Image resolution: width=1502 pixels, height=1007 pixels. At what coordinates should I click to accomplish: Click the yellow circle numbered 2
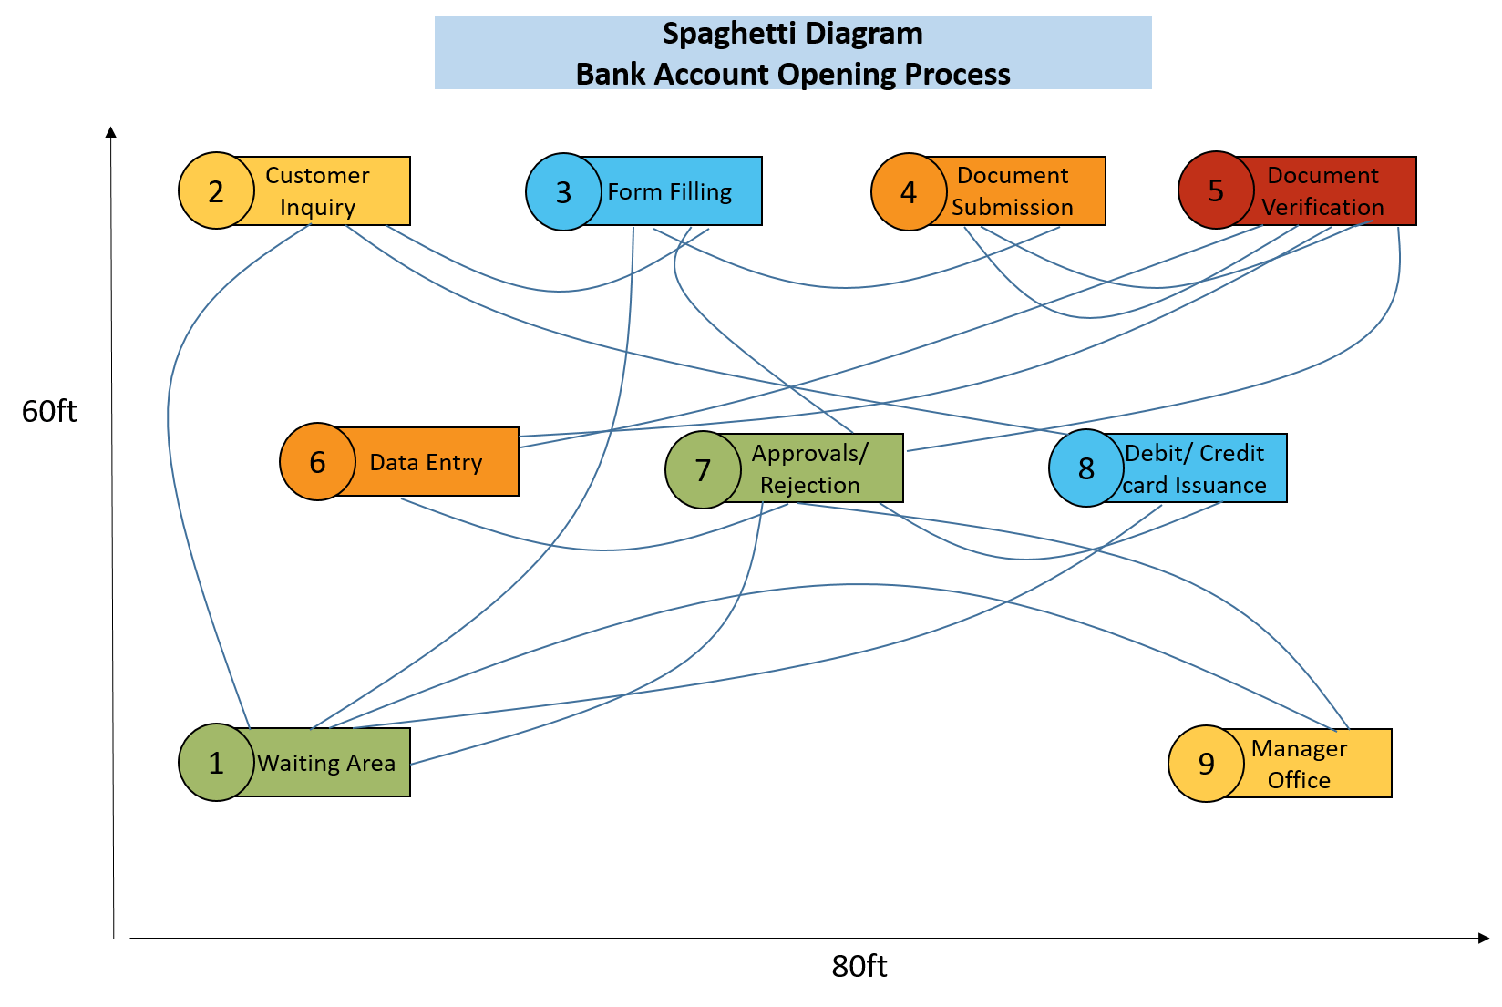[x=216, y=191]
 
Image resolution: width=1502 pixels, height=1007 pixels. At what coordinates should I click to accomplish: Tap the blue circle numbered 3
[x=563, y=192]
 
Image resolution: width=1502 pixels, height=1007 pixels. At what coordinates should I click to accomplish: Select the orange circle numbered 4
[x=909, y=192]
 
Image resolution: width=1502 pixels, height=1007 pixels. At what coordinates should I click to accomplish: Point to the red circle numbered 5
[x=1216, y=190]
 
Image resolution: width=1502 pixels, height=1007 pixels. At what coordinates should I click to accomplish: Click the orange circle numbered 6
[x=317, y=462]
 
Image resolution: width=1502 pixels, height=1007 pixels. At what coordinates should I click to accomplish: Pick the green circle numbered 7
[x=703, y=470]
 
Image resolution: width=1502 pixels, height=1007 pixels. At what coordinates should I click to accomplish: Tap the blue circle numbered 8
[x=1086, y=468]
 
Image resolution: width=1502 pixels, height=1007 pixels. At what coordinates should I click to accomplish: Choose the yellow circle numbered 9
[x=1207, y=764]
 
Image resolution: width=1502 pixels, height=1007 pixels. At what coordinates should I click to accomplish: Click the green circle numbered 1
[x=216, y=763]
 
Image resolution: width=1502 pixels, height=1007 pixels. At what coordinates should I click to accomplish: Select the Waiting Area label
[x=326, y=764]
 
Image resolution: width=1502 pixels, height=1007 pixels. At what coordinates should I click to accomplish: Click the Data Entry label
[x=426, y=463]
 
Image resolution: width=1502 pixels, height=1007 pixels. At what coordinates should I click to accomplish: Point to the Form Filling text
[x=670, y=192]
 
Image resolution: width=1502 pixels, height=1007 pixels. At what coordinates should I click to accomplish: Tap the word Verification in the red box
[x=1322, y=208]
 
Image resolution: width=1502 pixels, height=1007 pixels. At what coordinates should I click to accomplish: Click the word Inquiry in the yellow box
[x=317, y=208]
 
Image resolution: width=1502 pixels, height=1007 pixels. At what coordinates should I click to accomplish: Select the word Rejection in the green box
[x=809, y=486]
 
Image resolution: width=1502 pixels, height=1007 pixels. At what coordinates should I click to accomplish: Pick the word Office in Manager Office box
[x=1299, y=781]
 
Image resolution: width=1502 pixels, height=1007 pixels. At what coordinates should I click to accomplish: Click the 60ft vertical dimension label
[x=49, y=412]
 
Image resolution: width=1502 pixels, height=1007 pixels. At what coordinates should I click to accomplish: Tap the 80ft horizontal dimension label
[x=859, y=967]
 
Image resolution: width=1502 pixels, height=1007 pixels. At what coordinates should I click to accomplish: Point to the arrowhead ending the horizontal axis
[x=1484, y=938]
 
